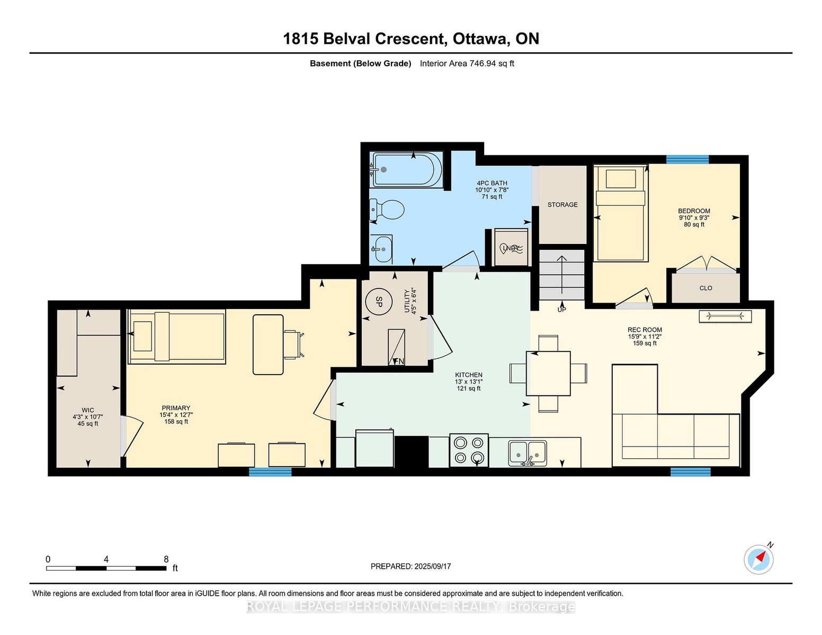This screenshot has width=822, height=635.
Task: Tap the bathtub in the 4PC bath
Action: (x=407, y=169)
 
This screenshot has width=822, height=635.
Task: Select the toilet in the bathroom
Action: (x=388, y=209)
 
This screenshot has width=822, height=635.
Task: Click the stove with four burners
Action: (x=469, y=450)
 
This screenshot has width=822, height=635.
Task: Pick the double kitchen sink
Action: (x=528, y=452)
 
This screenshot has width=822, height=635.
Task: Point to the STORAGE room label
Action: (x=562, y=204)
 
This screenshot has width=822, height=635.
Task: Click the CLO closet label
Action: (x=705, y=288)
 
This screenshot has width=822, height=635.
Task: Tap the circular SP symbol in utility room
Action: (x=379, y=301)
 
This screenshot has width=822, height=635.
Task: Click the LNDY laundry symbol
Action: (x=511, y=248)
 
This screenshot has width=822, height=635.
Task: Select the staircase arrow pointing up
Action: (x=562, y=275)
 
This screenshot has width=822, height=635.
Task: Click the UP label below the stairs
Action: (x=562, y=310)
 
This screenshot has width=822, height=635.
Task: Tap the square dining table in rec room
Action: (x=548, y=373)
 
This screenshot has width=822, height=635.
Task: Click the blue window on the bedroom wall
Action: (x=687, y=159)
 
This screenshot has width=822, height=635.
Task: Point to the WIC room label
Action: (x=88, y=410)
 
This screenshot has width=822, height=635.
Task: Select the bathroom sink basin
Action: (x=381, y=249)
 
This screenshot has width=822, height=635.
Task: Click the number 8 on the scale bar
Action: (x=166, y=559)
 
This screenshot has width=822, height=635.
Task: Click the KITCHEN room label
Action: (x=469, y=375)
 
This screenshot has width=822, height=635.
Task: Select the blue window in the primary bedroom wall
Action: (x=270, y=471)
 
